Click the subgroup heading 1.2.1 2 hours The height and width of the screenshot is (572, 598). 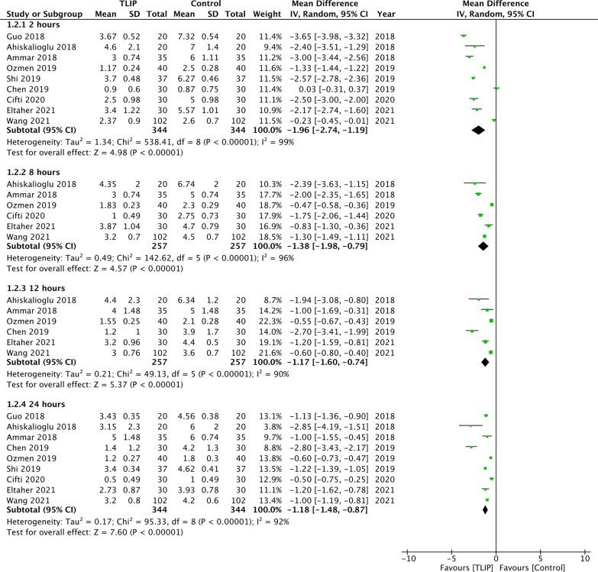pos(30,25)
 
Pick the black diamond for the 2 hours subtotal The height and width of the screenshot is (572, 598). pos(478,130)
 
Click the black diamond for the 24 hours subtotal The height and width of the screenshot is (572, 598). pos(486,509)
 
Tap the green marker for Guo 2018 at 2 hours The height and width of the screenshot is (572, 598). pos(464,36)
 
